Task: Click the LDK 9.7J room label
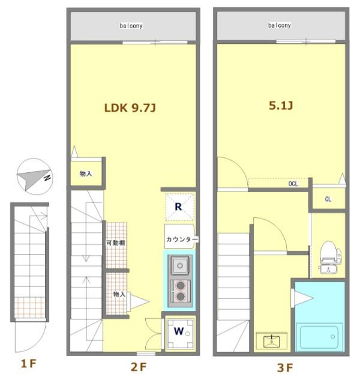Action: click(130, 107)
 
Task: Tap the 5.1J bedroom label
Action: click(281, 105)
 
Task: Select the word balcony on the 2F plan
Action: click(131, 26)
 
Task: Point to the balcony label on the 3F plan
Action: click(279, 25)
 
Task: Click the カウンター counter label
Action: click(182, 240)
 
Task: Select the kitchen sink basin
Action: click(180, 265)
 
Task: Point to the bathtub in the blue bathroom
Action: click(319, 337)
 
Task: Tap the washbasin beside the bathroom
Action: click(272, 340)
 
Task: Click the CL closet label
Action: click(328, 199)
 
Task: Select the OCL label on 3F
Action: click(293, 184)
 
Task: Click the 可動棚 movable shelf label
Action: click(116, 243)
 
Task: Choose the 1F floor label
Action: click(29, 364)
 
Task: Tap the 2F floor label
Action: click(138, 367)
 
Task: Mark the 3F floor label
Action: click(285, 367)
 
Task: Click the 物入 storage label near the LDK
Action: click(86, 173)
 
